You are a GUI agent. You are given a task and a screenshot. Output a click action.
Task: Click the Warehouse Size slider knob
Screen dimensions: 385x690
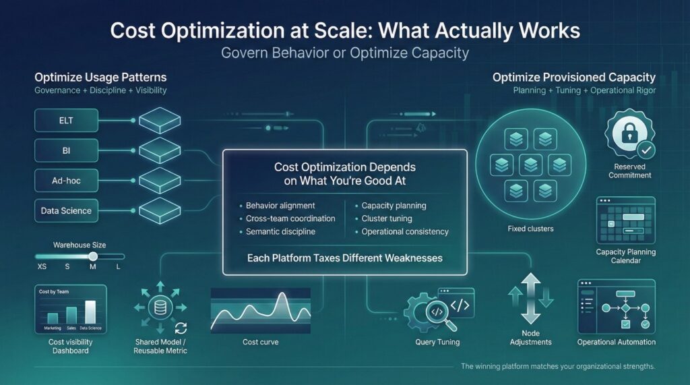tap(93, 256)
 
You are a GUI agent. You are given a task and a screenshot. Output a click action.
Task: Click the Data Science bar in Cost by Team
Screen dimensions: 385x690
tap(90, 313)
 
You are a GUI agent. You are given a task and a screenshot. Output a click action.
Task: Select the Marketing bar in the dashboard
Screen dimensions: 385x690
tap(53, 318)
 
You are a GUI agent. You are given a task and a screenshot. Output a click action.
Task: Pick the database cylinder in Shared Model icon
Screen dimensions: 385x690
tap(161, 307)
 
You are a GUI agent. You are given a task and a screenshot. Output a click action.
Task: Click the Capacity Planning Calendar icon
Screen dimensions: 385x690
tap(626, 222)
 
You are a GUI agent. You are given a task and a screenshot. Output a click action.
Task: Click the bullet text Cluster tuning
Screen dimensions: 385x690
tap(387, 218)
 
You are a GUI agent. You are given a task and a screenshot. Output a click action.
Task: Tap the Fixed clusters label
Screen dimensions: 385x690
tap(530, 229)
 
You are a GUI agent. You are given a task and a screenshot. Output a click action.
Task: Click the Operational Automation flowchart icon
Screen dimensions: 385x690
tap(616, 307)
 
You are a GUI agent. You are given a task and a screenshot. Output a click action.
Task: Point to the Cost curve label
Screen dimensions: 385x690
tap(260, 342)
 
